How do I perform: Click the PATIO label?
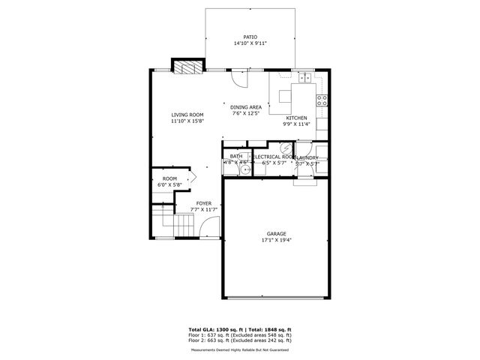point(250,37)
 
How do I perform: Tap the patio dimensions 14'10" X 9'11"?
point(250,43)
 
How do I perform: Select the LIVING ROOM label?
point(187,115)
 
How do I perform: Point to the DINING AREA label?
point(245,107)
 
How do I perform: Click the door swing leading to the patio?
point(238,77)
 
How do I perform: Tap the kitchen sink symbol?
point(305,77)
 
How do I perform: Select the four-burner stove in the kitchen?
point(322,100)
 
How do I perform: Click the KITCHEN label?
point(295,118)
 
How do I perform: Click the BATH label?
point(235,157)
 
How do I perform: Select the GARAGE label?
point(277,234)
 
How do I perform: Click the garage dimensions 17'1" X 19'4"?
point(277,241)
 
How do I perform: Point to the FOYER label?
point(203,202)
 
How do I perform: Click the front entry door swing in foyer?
point(211,229)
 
